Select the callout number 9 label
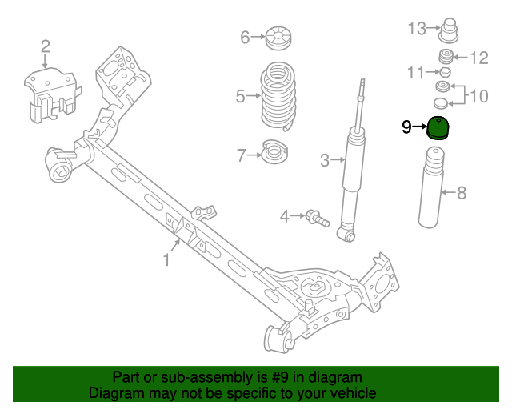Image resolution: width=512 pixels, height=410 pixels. [406, 127]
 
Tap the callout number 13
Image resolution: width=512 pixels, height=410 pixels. [417, 29]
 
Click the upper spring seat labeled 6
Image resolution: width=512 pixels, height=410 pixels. [278, 37]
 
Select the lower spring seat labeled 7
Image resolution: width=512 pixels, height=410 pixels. [276, 152]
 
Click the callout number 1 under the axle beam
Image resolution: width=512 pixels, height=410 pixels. [167, 259]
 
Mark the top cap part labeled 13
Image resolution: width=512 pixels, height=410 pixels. [449, 33]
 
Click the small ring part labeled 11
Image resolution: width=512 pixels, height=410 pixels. [446, 72]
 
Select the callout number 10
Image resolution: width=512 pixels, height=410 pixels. [478, 97]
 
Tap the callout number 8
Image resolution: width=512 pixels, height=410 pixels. [461, 192]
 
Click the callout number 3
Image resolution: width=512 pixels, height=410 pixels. [325, 160]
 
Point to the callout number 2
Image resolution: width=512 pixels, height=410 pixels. [45, 46]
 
